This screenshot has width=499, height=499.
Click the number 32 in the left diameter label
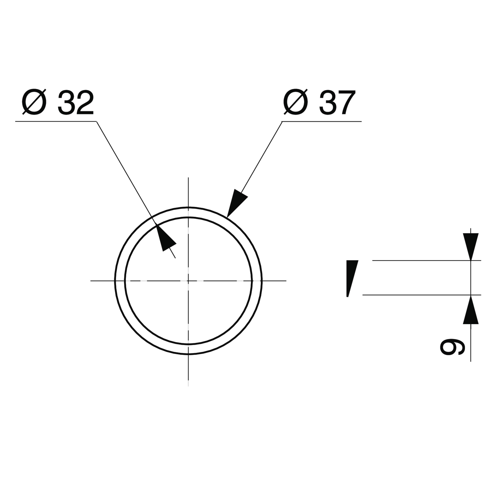pyautogui.click(x=75, y=102)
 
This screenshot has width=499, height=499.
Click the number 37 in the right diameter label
pyautogui.click(x=337, y=102)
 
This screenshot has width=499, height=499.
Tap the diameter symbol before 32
pyautogui.click(x=34, y=102)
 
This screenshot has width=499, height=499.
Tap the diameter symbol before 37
pyautogui.click(x=296, y=102)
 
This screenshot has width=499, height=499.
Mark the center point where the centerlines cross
pyautogui.click(x=188, y=280)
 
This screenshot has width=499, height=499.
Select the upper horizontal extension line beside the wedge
pyautogui.click(x=427, y=260)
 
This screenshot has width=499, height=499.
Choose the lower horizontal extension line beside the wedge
pyautogui.click(x=422, y=295)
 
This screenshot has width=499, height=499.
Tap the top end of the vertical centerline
pyautogui.click(x=188, y=178)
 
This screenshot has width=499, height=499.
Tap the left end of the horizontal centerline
pyautogui.click(x=91, y=280)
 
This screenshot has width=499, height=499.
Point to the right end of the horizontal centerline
pyautogui.click(x=286, y=280)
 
